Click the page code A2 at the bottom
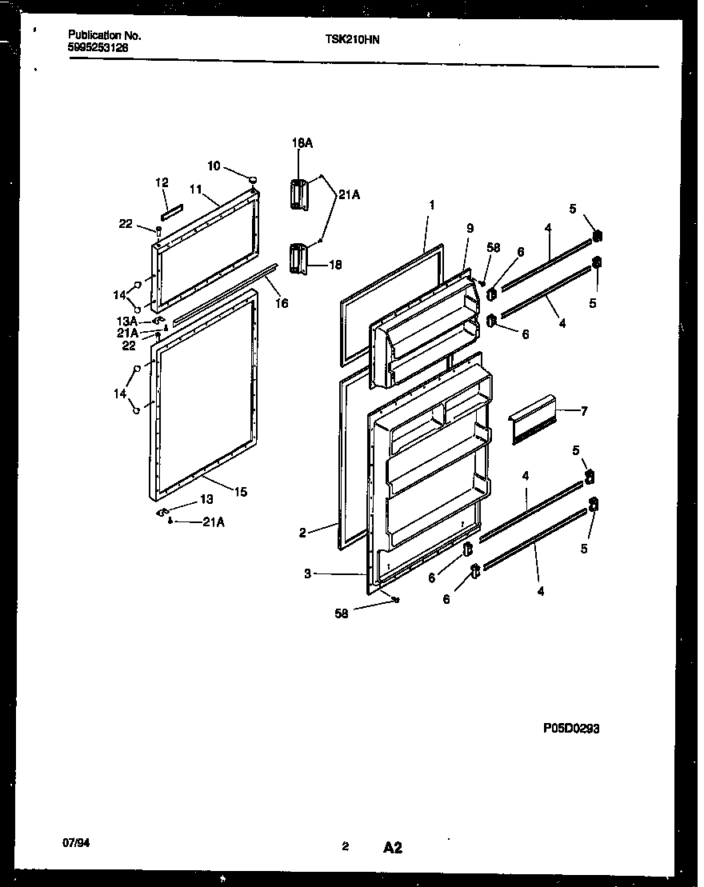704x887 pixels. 392,847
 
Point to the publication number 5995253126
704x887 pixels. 98,47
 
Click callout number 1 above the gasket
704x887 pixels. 431,205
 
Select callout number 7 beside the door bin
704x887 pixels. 584,411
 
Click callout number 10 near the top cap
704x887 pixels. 214,166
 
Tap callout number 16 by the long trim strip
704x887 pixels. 281,303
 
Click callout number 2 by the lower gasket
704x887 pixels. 303,533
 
